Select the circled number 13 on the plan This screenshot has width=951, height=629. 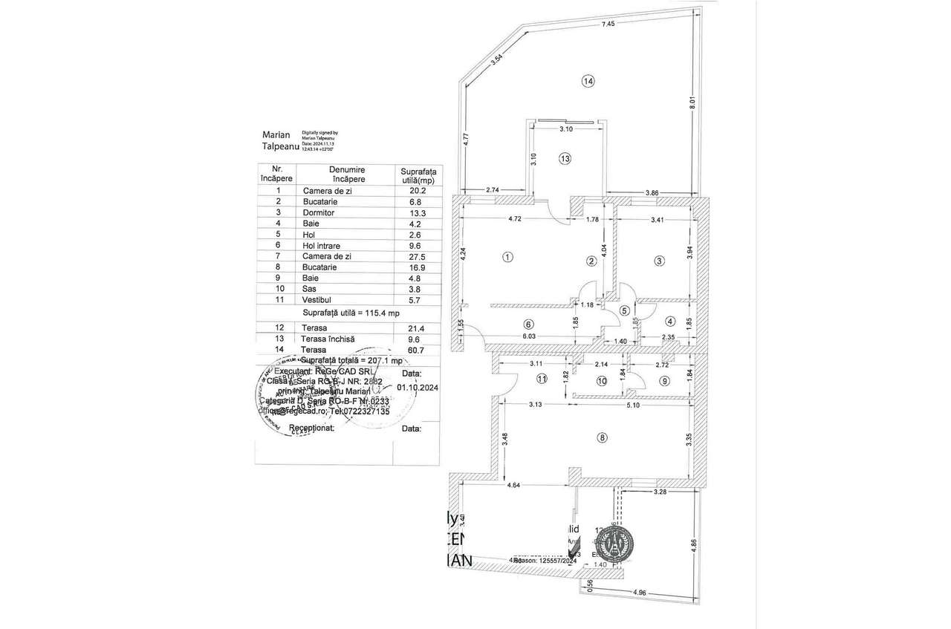coord(565,158)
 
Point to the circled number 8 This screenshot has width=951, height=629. coord(602,438)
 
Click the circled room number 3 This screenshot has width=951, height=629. coord(658,261)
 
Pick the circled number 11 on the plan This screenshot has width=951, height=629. coord(542,379)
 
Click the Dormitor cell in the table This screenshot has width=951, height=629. coord(319,212)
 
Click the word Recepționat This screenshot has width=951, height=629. coord(311,428)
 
